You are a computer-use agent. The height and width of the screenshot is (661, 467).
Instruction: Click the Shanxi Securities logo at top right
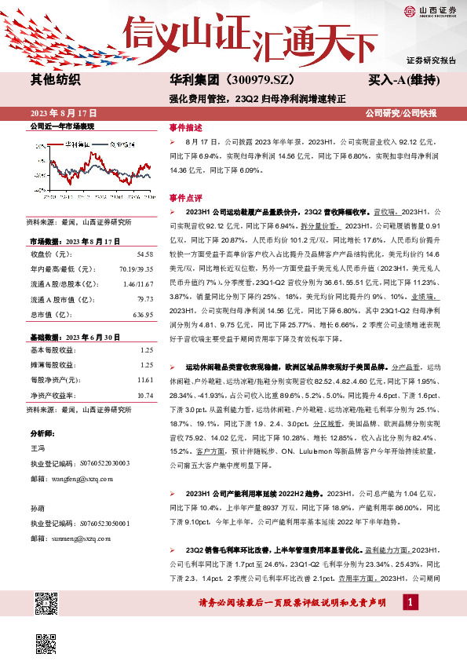coord(430,12)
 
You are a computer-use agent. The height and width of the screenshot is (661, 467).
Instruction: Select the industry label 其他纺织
coord(55,79)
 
